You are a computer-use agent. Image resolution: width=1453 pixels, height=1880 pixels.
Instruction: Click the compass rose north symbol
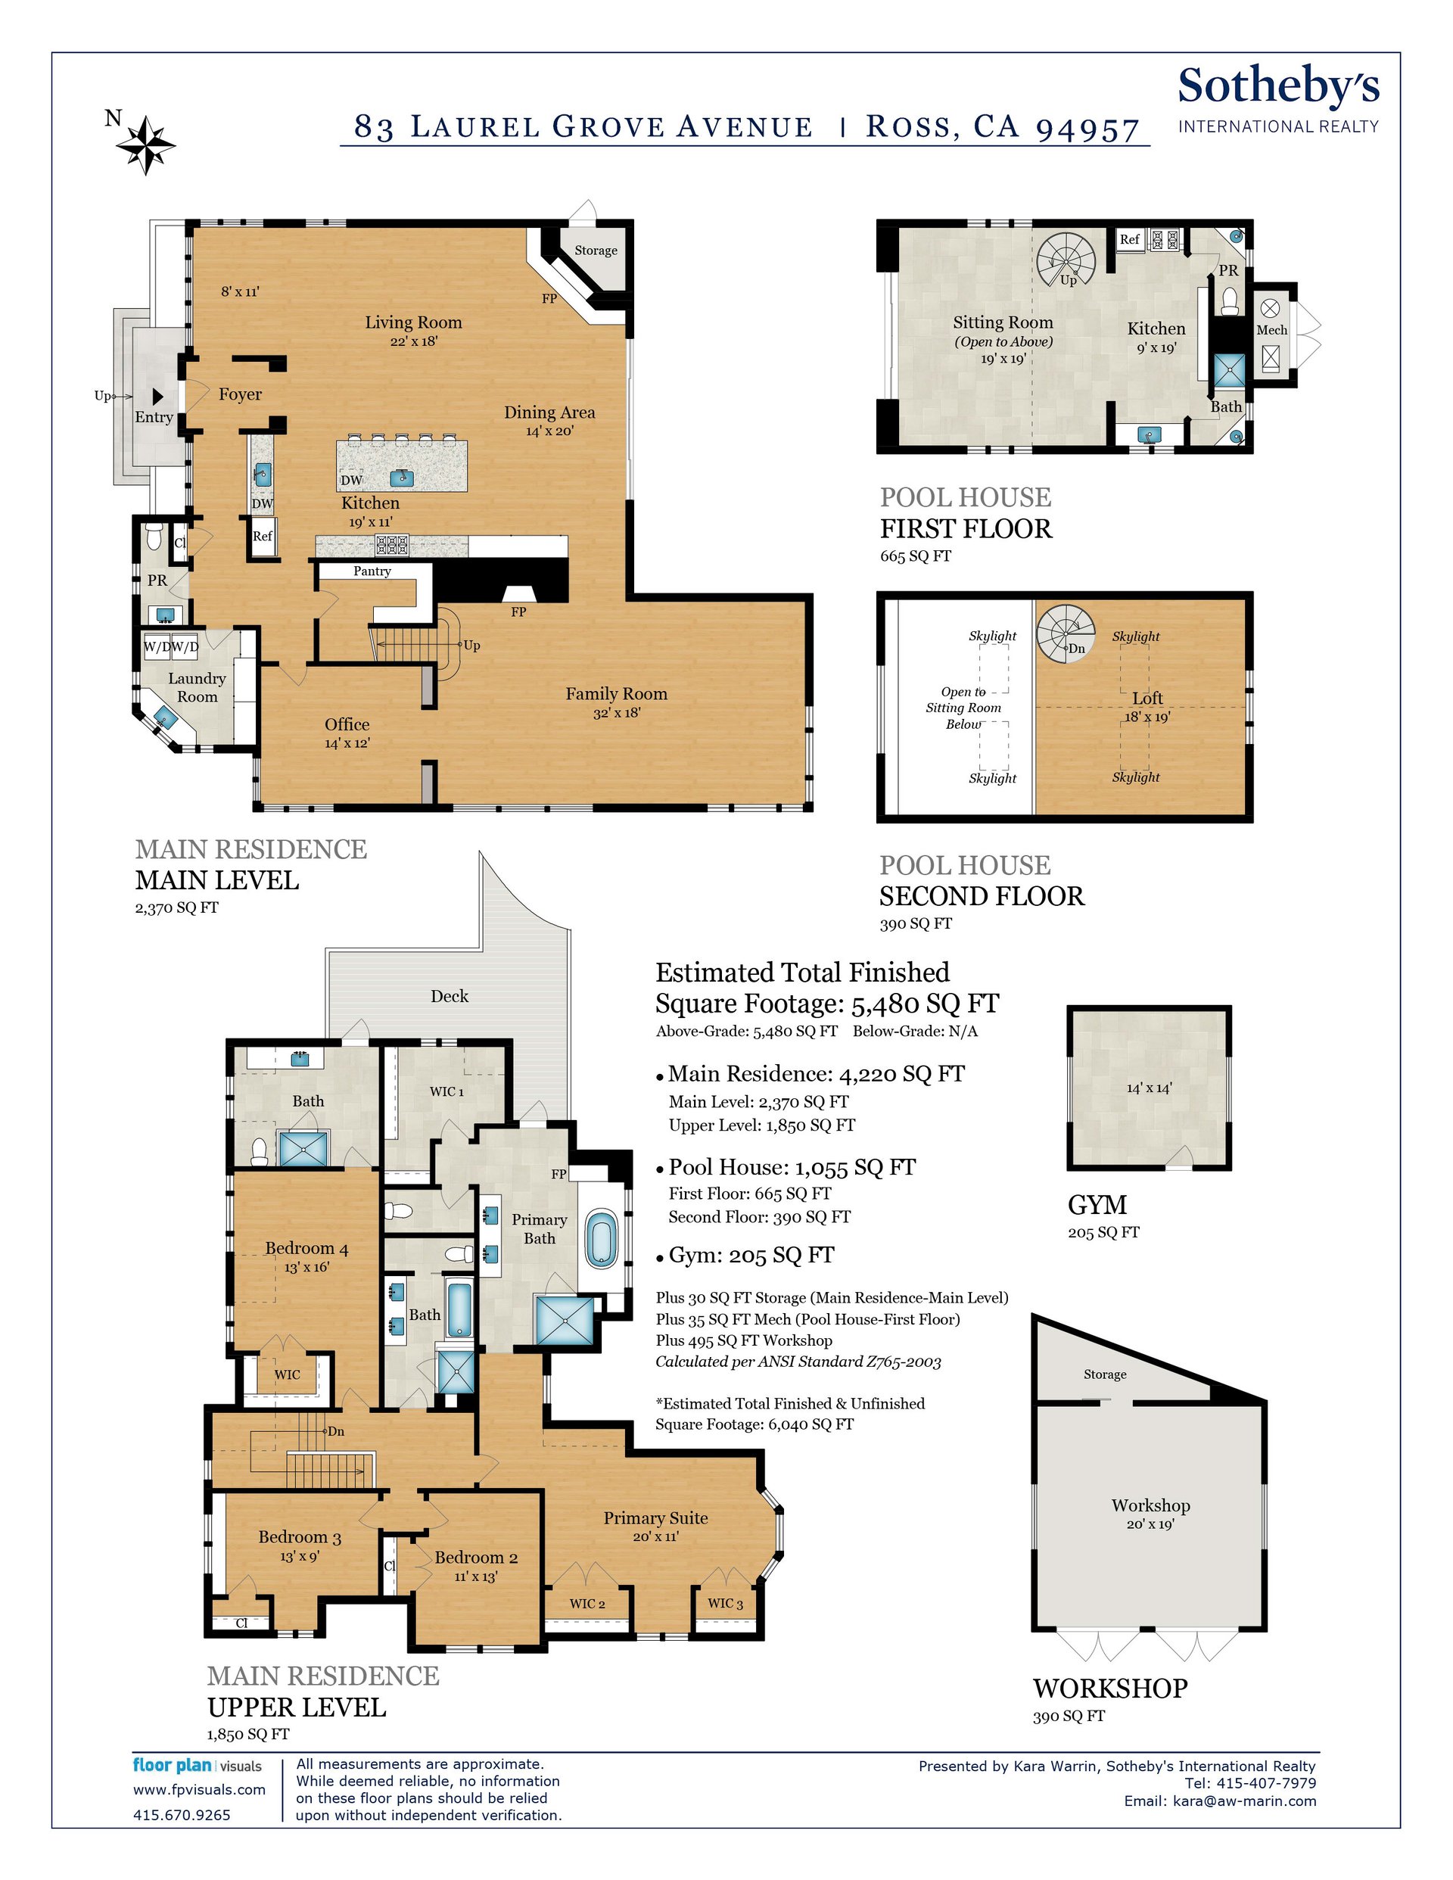point(145,145)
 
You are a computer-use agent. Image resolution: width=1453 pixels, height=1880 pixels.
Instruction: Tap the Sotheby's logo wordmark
point(1278,86)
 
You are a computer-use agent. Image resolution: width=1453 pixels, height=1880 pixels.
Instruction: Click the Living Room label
point(413,323)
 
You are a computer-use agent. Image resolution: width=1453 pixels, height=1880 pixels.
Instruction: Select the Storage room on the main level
point(596,258)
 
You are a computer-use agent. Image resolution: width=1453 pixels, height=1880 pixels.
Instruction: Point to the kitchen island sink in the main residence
point(400,477)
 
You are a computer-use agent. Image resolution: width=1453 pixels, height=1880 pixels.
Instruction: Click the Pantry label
point(372,571)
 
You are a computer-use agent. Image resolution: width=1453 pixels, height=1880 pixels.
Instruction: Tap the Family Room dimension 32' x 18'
point(616,713)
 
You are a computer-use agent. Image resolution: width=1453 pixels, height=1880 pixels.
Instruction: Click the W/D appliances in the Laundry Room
point(171,646)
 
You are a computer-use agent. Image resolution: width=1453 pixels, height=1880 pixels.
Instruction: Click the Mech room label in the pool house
point(1271,330)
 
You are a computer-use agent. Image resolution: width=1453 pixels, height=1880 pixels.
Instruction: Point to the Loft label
point(1147,698)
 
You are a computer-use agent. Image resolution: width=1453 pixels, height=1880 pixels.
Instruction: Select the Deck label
point(450,996)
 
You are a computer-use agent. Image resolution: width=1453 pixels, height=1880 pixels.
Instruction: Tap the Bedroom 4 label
point(306,1248)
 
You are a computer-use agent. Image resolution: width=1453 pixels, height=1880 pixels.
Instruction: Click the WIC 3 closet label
point(725,1603)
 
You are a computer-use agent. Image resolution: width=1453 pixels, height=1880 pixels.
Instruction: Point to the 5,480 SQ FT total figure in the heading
point(926,1004)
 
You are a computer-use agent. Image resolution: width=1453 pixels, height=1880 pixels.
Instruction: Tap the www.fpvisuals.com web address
point(199,1790)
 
